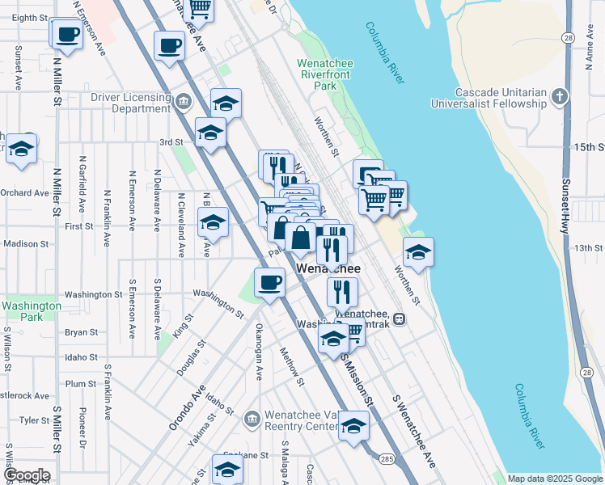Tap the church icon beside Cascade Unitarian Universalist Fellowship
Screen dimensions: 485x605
click(559, 98)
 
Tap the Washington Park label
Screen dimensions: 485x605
click(31, 311)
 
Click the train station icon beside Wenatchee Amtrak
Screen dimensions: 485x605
click(400, 318)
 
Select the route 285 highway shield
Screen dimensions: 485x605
click(386, 460)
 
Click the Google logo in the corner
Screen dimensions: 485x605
click(26, 475)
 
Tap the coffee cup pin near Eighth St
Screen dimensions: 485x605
click(67, 36)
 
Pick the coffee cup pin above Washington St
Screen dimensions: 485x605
click(269, 283)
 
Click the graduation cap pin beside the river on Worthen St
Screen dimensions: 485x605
click(417, 254)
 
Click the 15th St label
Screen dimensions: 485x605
click(589, 147)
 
